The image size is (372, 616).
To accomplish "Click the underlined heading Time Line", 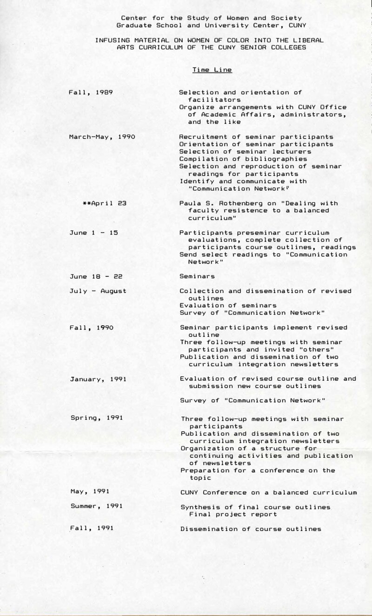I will (x=212, y=70).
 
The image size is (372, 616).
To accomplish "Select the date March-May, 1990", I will (x=102, y=137).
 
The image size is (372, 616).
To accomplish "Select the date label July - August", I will (x=98, y=291).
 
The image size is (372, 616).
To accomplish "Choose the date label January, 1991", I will (x=98, y=379).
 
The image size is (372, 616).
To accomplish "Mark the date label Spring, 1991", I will (x=96, y=418).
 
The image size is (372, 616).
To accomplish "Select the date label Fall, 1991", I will (x=91, y=529).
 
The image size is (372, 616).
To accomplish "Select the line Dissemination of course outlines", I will (x=250, y=529).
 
